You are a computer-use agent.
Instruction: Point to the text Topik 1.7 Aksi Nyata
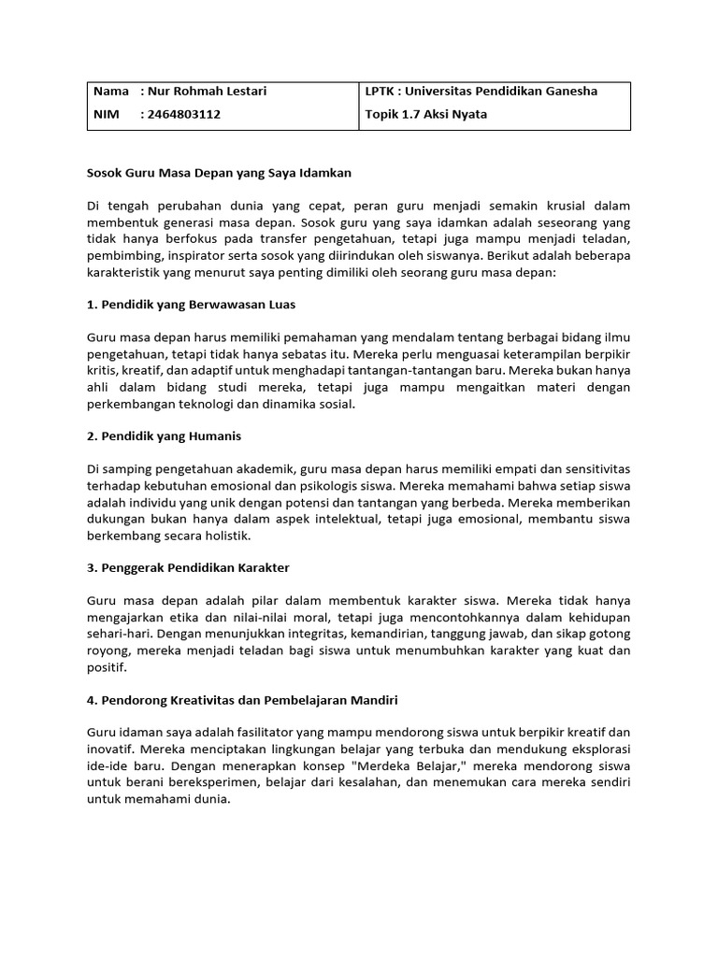click(426, 115)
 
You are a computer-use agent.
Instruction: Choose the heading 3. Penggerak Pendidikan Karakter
click(189, 567)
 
